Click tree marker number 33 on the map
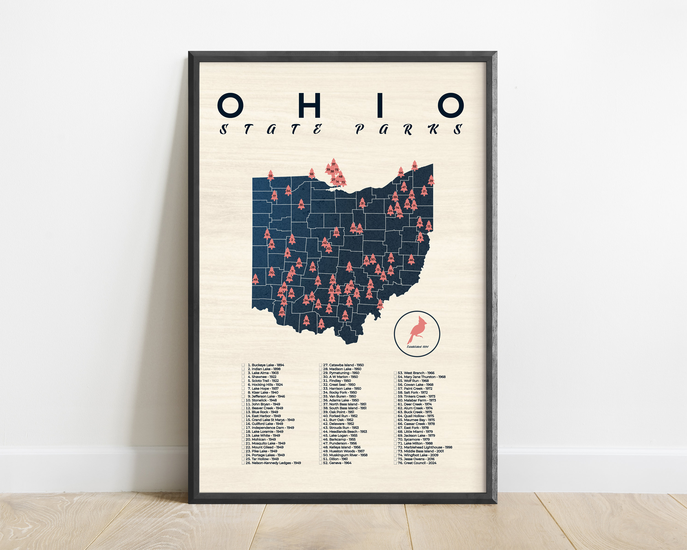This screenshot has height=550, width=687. (x=270, y=175)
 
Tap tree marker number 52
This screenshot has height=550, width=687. (x=414, y=166)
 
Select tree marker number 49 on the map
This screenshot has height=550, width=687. (x=255, y=279)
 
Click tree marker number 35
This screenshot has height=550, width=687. (x=301, y=204)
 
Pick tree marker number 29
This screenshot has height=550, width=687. (x=431, y=180)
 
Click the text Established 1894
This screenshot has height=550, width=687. (x=417, y=346)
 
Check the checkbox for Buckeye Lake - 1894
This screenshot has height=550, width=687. (x=243, y=365)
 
